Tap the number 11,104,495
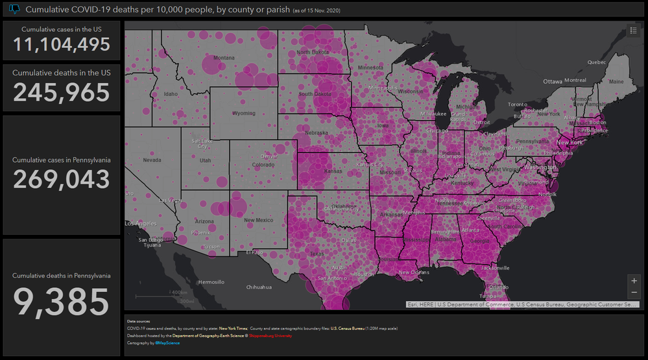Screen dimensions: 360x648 (61, 44)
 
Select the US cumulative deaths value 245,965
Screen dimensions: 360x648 (61, 93)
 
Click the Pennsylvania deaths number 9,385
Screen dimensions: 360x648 (61, 301)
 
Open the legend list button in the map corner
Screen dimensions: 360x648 (633, 30)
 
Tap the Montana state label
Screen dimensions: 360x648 (224, 58)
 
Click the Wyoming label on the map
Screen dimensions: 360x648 (244, 114)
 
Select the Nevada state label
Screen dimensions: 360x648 (152, 160)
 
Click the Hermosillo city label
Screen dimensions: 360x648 (211, 282)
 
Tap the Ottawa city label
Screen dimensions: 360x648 (553, 82)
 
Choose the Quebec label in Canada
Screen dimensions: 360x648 (596, 62)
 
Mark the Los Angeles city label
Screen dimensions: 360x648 (140, 224)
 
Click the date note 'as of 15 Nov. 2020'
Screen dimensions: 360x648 (317, 10)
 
